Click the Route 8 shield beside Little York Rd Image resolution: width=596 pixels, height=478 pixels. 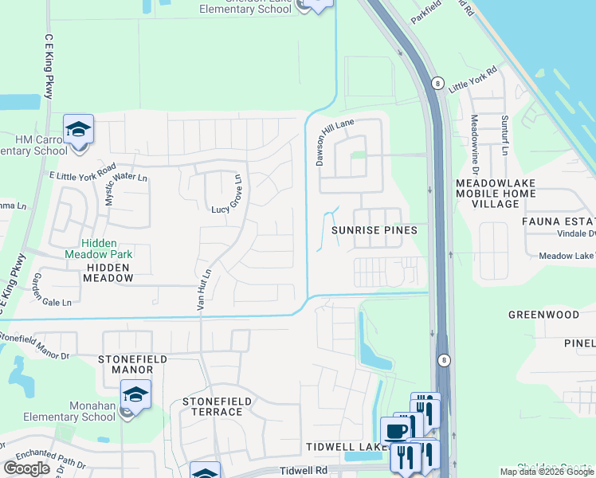click(x=437, y=83)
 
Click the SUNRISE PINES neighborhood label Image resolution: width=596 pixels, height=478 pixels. click(x=374, y=229)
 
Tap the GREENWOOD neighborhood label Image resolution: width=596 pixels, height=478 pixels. click(x=543, y=315)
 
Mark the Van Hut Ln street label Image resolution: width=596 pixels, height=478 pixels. click(x=202, y=288)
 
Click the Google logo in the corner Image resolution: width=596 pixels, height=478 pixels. click(x=26, y=468)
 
